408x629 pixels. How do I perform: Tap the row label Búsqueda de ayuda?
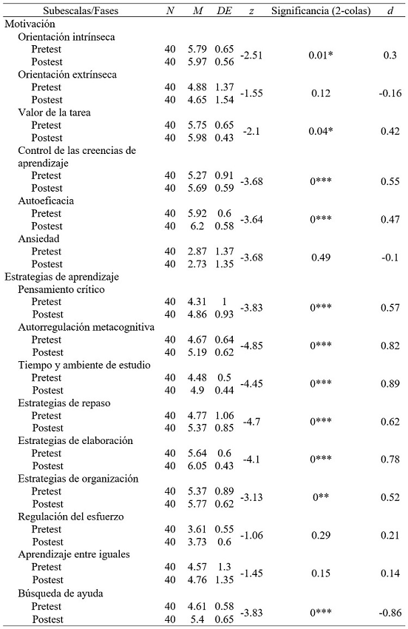click(65, 593)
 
